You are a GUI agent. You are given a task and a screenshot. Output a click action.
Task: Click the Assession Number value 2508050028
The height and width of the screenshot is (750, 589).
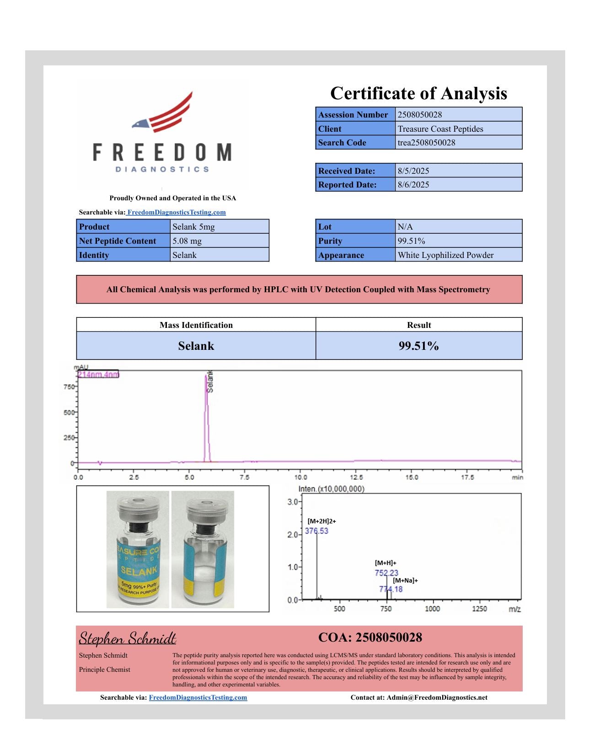tap(419, 115)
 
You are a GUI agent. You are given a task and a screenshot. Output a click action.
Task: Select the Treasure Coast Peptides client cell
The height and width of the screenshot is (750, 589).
tap(440, 129)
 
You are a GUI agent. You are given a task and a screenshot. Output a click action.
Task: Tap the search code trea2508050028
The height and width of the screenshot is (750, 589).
tap(426, 143)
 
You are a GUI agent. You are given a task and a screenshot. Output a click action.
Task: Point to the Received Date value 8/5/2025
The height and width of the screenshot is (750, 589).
tap(413, 171)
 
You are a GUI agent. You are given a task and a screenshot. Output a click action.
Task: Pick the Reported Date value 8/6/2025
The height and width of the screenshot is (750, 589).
tap(413, 185)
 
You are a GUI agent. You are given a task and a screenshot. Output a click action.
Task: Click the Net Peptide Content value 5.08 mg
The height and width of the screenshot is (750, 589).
tap(187, 241)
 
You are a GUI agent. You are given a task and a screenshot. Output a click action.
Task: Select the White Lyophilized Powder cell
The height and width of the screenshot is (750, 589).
tap(445, 255)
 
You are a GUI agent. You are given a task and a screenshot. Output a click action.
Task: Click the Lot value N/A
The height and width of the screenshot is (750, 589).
tap(405, 227)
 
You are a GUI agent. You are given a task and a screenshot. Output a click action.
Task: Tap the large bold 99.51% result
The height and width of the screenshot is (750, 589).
tap(418, 346)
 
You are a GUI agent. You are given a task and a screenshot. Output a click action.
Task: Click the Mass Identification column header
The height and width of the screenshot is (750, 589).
tap(196, 325)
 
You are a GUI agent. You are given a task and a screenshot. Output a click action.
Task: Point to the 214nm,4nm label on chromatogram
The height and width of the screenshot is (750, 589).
tap(98, 375)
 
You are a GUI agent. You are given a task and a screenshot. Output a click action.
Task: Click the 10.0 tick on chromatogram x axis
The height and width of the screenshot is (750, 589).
tap(300, 477)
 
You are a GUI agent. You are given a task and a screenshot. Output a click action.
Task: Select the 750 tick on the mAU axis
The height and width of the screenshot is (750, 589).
tap(69, 387)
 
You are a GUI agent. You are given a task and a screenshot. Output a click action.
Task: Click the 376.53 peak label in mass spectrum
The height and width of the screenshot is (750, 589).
tap(316, 531)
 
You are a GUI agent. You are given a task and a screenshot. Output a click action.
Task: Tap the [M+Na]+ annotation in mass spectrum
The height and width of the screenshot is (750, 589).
tap(405, 581)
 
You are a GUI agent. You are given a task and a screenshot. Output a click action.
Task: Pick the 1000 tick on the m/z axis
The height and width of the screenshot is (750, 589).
tap(432, 609)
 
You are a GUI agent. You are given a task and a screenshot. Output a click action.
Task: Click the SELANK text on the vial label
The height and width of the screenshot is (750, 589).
tap(139, 571)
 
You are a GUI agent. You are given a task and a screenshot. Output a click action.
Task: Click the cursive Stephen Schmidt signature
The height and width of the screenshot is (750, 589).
tap(128, 638)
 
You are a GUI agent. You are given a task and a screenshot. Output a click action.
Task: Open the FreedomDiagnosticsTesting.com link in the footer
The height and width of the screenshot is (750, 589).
tap(198, 698)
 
